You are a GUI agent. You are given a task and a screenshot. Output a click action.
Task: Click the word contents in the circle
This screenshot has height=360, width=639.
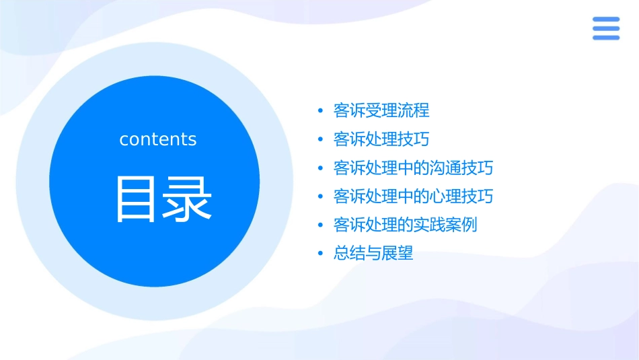pyautogui.click(x=158, y=139)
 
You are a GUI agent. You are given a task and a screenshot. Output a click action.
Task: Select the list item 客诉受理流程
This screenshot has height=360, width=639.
pyautogui.click(x=381, y=110)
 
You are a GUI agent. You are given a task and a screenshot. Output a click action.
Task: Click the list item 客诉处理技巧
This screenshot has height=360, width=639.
pyautogui.click(x=381, y=139)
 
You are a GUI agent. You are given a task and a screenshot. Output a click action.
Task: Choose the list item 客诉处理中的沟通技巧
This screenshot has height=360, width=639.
pyautogui.click(x=413, y=168)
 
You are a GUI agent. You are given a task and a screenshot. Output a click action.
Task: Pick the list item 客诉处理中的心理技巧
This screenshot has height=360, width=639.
pyautogui.click(x=413, y=196)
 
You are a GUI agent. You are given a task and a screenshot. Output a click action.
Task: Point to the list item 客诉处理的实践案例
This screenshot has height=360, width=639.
pyautogui.click(x=405, y=225)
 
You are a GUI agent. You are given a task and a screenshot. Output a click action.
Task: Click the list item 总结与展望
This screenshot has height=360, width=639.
pyautogui.click(x=373, y=254)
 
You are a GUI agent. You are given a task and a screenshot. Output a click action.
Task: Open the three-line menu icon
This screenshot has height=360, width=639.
pyautogui.click(x=606, y=28)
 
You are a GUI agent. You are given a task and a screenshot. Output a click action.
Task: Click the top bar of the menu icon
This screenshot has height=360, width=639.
pyautogui.click(x=606, y=20)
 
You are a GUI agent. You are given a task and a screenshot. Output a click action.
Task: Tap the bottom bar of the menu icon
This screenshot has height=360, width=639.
pyautogui.click(x=606, y=37)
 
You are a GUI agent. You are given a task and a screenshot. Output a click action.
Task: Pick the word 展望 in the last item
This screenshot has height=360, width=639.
pyautogui.click(x=398, y=254)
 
